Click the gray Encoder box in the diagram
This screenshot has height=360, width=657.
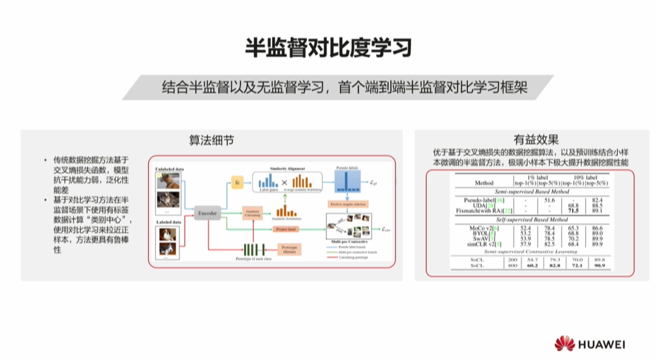pyautogui.click(x=208, y=213)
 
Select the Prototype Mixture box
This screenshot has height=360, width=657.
pyautogui.click(x=289, y=249)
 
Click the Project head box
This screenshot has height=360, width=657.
pyautogui.click(x=286, y=230)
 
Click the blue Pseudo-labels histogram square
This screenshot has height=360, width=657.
pyautogui.click(x=347, y=183)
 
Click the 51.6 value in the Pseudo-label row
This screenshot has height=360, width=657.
pyautogui.click(x=549, y=200)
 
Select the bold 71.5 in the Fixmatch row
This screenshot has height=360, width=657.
pyautogui.click(x=573, y=211)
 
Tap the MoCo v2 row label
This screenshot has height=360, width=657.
pyautogui.click(x=484, y=228)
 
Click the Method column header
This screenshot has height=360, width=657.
pyautogui.click(x=484, y=183)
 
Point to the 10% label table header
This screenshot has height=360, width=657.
pyautogui.click(x=585, y=178)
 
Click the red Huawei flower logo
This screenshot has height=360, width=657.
pyautogui.click(x=564, y=344)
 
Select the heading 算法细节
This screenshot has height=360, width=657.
pyautogui.click(x=211, y=140)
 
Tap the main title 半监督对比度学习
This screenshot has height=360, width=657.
pyautogui.click(x=328, y=47)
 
